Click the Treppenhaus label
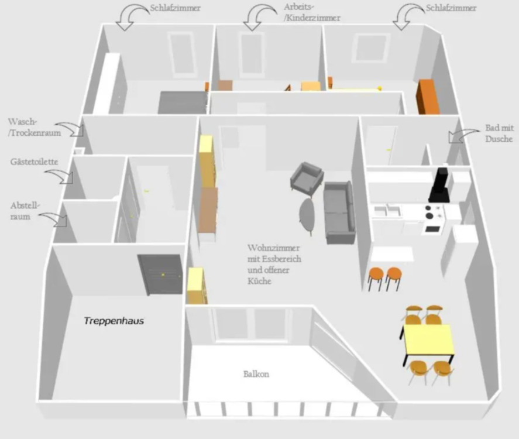(x=114, y=321)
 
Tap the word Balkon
(x=256, y=373)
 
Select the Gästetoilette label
(x=34, y=161)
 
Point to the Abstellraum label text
(x=25, y=211)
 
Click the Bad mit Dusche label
(x=499, y=133)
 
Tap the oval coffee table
(x=308, y=215)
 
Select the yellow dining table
(x=428, y=340)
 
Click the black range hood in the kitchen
(x=439, y=185)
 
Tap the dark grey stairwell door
(x=160, y=273)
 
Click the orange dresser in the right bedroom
(x=427, y=97)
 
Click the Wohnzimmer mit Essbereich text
(x=274, y=263)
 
